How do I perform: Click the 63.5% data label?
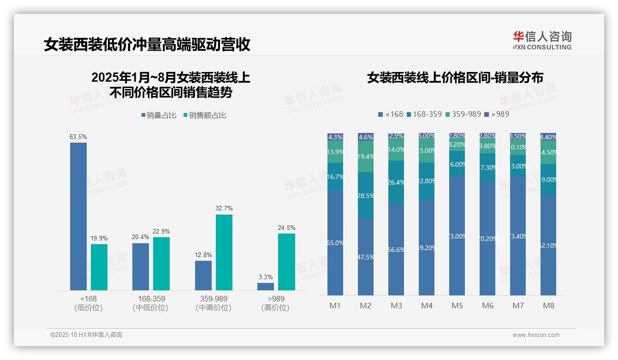[x=78, y=137]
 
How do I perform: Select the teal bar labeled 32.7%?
[x=224, y=252]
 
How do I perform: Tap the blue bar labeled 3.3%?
[x=265, y=286]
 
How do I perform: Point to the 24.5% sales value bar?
[x=286, y=262]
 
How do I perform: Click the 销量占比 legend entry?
[x=159, y=115]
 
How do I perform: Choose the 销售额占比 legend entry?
[x=205, y=115]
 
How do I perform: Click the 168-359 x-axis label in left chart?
[x=151, y=303]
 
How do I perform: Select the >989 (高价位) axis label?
[x=275, y=303]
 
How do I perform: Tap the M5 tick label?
[x=457, y=306]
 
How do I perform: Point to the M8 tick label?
[x=548, y=306]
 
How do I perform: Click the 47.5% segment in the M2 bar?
[x=366, y=257]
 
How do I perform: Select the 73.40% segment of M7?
[x=518, y=235]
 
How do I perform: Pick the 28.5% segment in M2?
[x=366, y=195]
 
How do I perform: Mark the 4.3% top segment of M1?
[x=335, y=137]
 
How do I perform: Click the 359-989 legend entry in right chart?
[x=463, y=114]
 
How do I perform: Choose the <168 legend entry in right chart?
[x=391, y=114]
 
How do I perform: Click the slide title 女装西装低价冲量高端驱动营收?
[x=147, y=45]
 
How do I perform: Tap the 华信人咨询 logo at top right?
[x=542, y=40]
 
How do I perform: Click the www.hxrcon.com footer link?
[x=535, y=335]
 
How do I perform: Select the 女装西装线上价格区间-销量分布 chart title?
[x=455, y=78]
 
